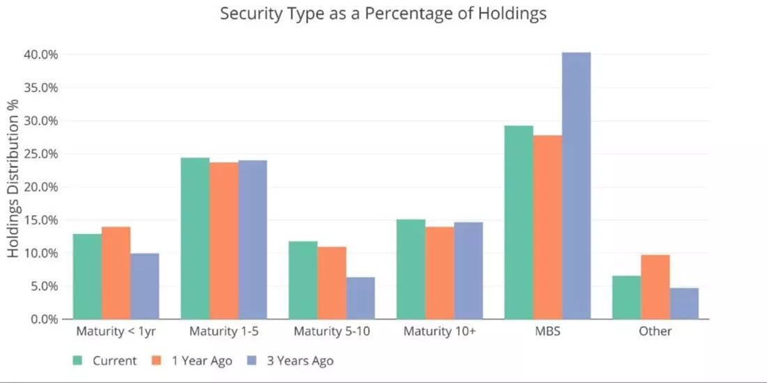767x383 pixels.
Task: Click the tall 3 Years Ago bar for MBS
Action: point(576,186)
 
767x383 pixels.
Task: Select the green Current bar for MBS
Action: point(519,222)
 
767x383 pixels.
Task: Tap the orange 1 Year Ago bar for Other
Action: point(655,287)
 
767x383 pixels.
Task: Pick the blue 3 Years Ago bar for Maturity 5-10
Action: point(360,298)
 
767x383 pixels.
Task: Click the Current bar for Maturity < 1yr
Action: point(88,276)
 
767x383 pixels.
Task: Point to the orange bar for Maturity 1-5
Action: point(224,241)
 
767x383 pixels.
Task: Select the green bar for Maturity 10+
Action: point(411,269)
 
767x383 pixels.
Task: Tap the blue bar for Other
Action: point(684,304)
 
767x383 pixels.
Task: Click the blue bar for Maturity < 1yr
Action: point(145,286)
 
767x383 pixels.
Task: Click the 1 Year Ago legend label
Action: point(202,361)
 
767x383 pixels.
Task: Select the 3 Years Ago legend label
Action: point(300,361)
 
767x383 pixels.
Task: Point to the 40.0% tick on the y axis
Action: point(41,54)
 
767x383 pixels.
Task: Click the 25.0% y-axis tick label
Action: point(41,154)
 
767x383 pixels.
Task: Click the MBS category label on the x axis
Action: point(548,331)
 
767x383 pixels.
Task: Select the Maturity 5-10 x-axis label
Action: point(332,331)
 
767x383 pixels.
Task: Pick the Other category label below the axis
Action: point(655,331)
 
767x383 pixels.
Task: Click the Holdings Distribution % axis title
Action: point(13,178)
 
